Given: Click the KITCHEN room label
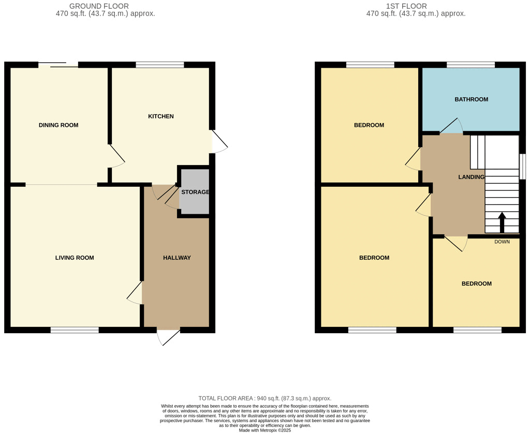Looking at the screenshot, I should (161, 116).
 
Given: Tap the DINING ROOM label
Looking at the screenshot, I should (58, 125).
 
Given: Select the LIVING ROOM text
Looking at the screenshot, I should (75, 258).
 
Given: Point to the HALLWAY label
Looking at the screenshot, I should (177, 258).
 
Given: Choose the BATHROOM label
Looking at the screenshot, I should (471, 99).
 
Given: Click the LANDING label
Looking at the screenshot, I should (471, 177).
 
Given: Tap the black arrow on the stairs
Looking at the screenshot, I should (502, 222).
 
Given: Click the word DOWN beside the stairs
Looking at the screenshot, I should (502, 242).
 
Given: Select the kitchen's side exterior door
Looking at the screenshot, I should (218, 141).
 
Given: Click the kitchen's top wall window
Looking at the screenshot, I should (160, 65).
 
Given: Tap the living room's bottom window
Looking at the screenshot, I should (75, 330).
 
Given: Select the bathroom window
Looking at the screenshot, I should (470, 65).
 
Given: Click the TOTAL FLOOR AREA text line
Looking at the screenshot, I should (264, 398).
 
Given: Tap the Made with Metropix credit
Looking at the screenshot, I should (264, 430).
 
